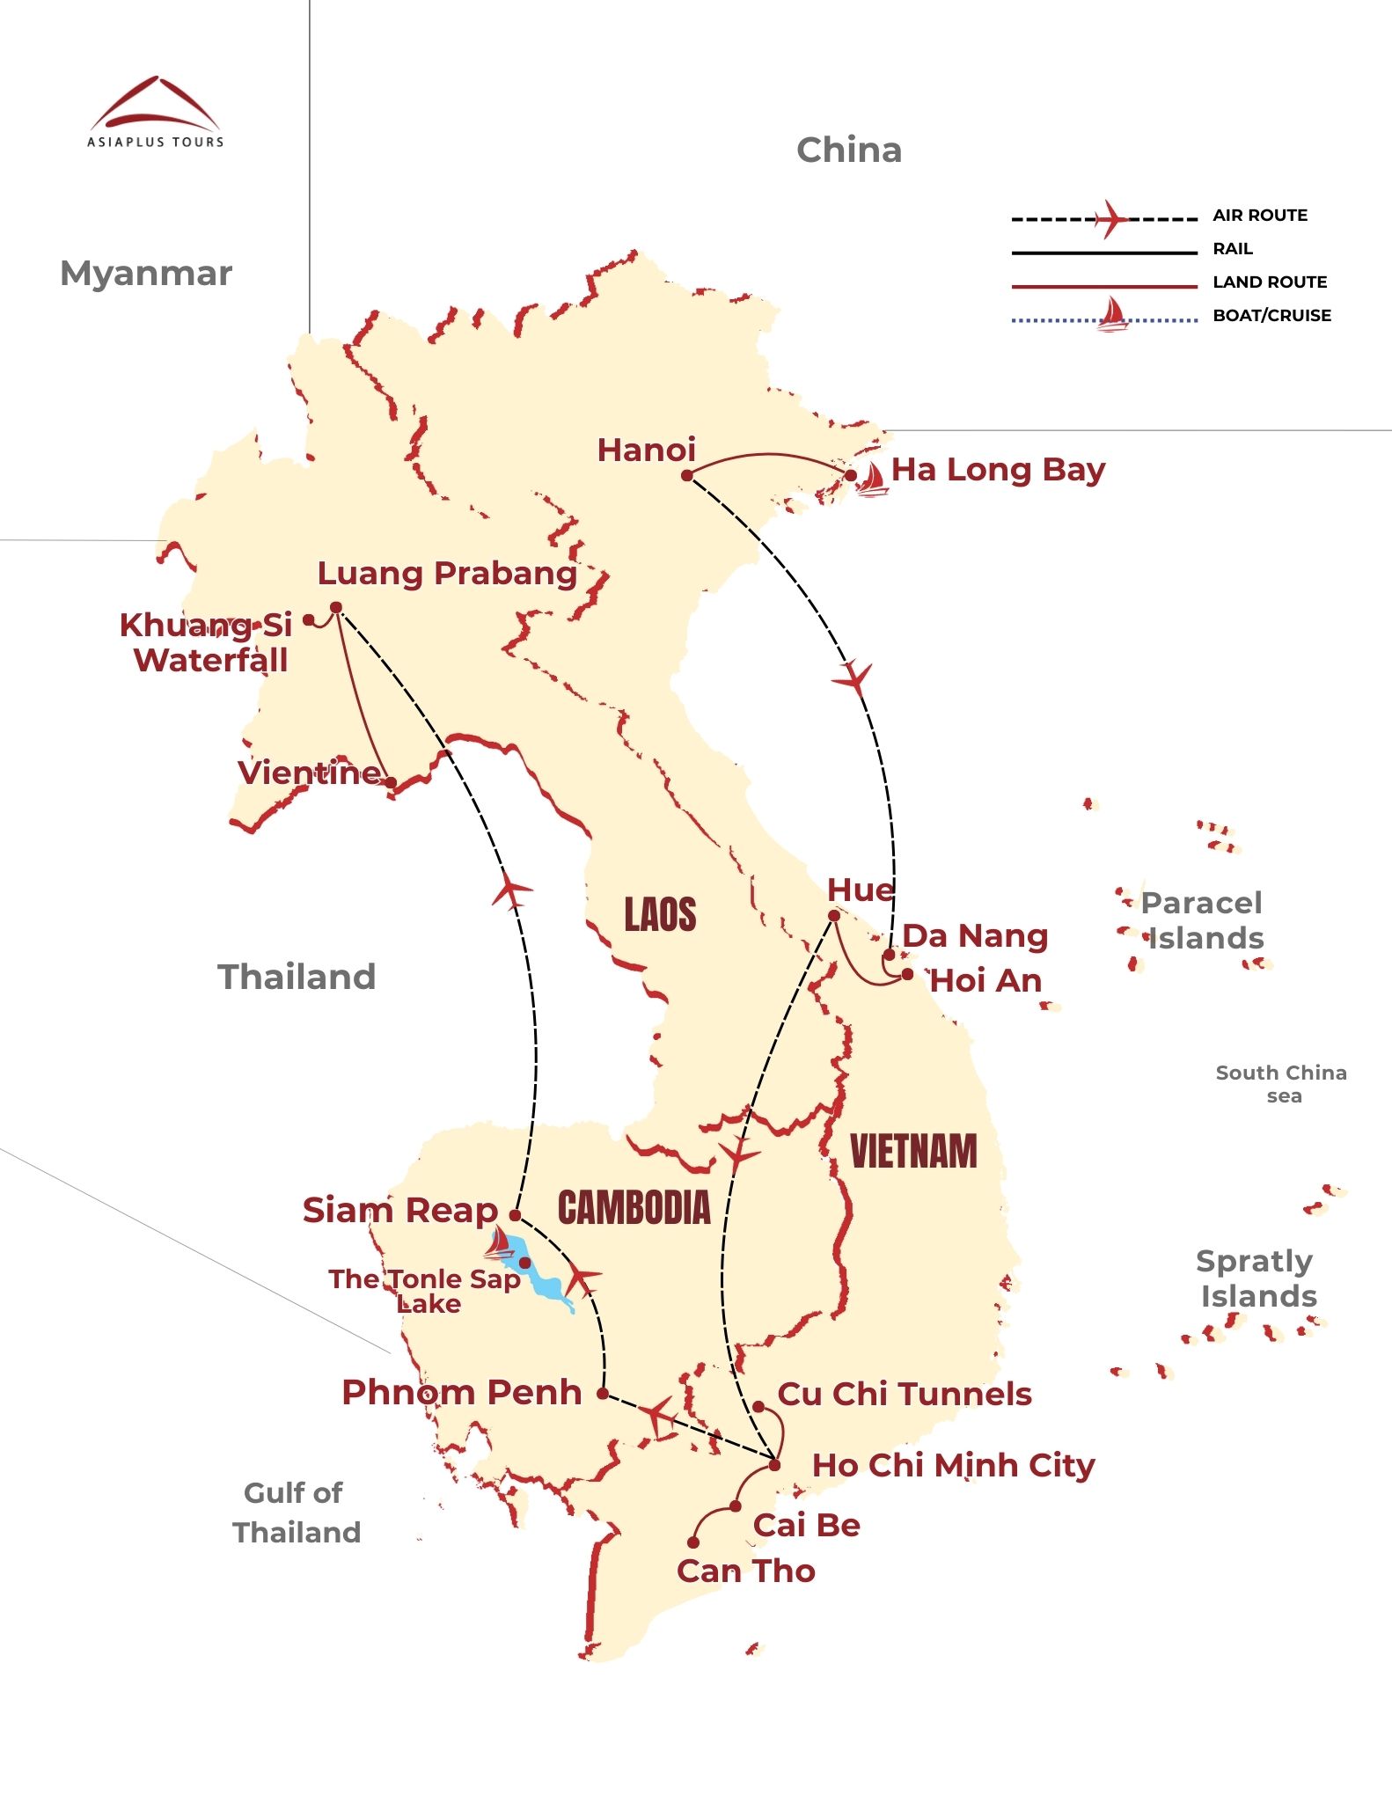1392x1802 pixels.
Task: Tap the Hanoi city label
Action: coord(646,450)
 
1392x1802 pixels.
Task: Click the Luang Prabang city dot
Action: coord(336,607)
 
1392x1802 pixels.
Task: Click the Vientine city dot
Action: coord(390,781)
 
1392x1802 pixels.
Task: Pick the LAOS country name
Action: coord(660,915)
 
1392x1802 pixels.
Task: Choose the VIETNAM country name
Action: coord(913,1152)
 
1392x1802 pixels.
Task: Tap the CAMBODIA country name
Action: coord(634,1207)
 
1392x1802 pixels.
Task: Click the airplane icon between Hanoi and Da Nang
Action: coord(853,678)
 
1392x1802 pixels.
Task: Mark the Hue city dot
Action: coord(833,916)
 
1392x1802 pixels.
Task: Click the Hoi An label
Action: coord(985,980)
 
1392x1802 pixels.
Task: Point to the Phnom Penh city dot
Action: coord(603,1393)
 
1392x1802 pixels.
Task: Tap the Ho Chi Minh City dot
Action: coord(775,1465)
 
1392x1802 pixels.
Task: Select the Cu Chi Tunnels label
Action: coord(905,1394)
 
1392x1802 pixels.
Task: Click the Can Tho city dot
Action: coord(693,1542)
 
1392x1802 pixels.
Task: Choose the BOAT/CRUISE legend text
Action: coord(1271,316)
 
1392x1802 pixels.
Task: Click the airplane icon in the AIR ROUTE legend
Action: coord(1110,218)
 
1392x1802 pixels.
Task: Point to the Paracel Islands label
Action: coord(1204,920)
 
